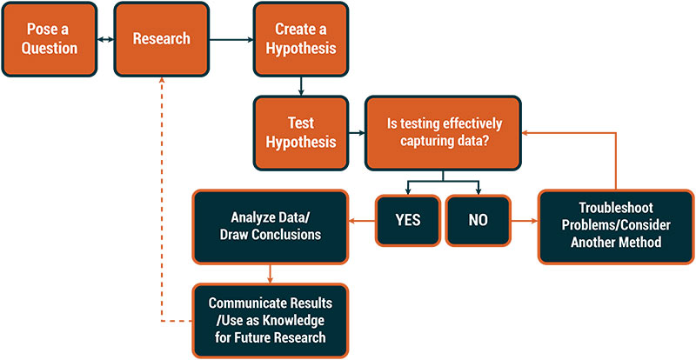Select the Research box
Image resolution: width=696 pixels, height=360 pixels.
[x=161, y=38]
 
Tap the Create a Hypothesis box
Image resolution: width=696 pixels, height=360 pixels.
[x=300, y=38]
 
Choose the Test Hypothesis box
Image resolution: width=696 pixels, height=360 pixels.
[x=300, y=133]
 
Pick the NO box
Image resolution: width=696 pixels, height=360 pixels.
[x=478, y=219]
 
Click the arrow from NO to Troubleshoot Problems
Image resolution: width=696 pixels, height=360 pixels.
[x=525, y=219]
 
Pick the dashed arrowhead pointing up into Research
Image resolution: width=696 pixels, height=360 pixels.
[x=161, y=77]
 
